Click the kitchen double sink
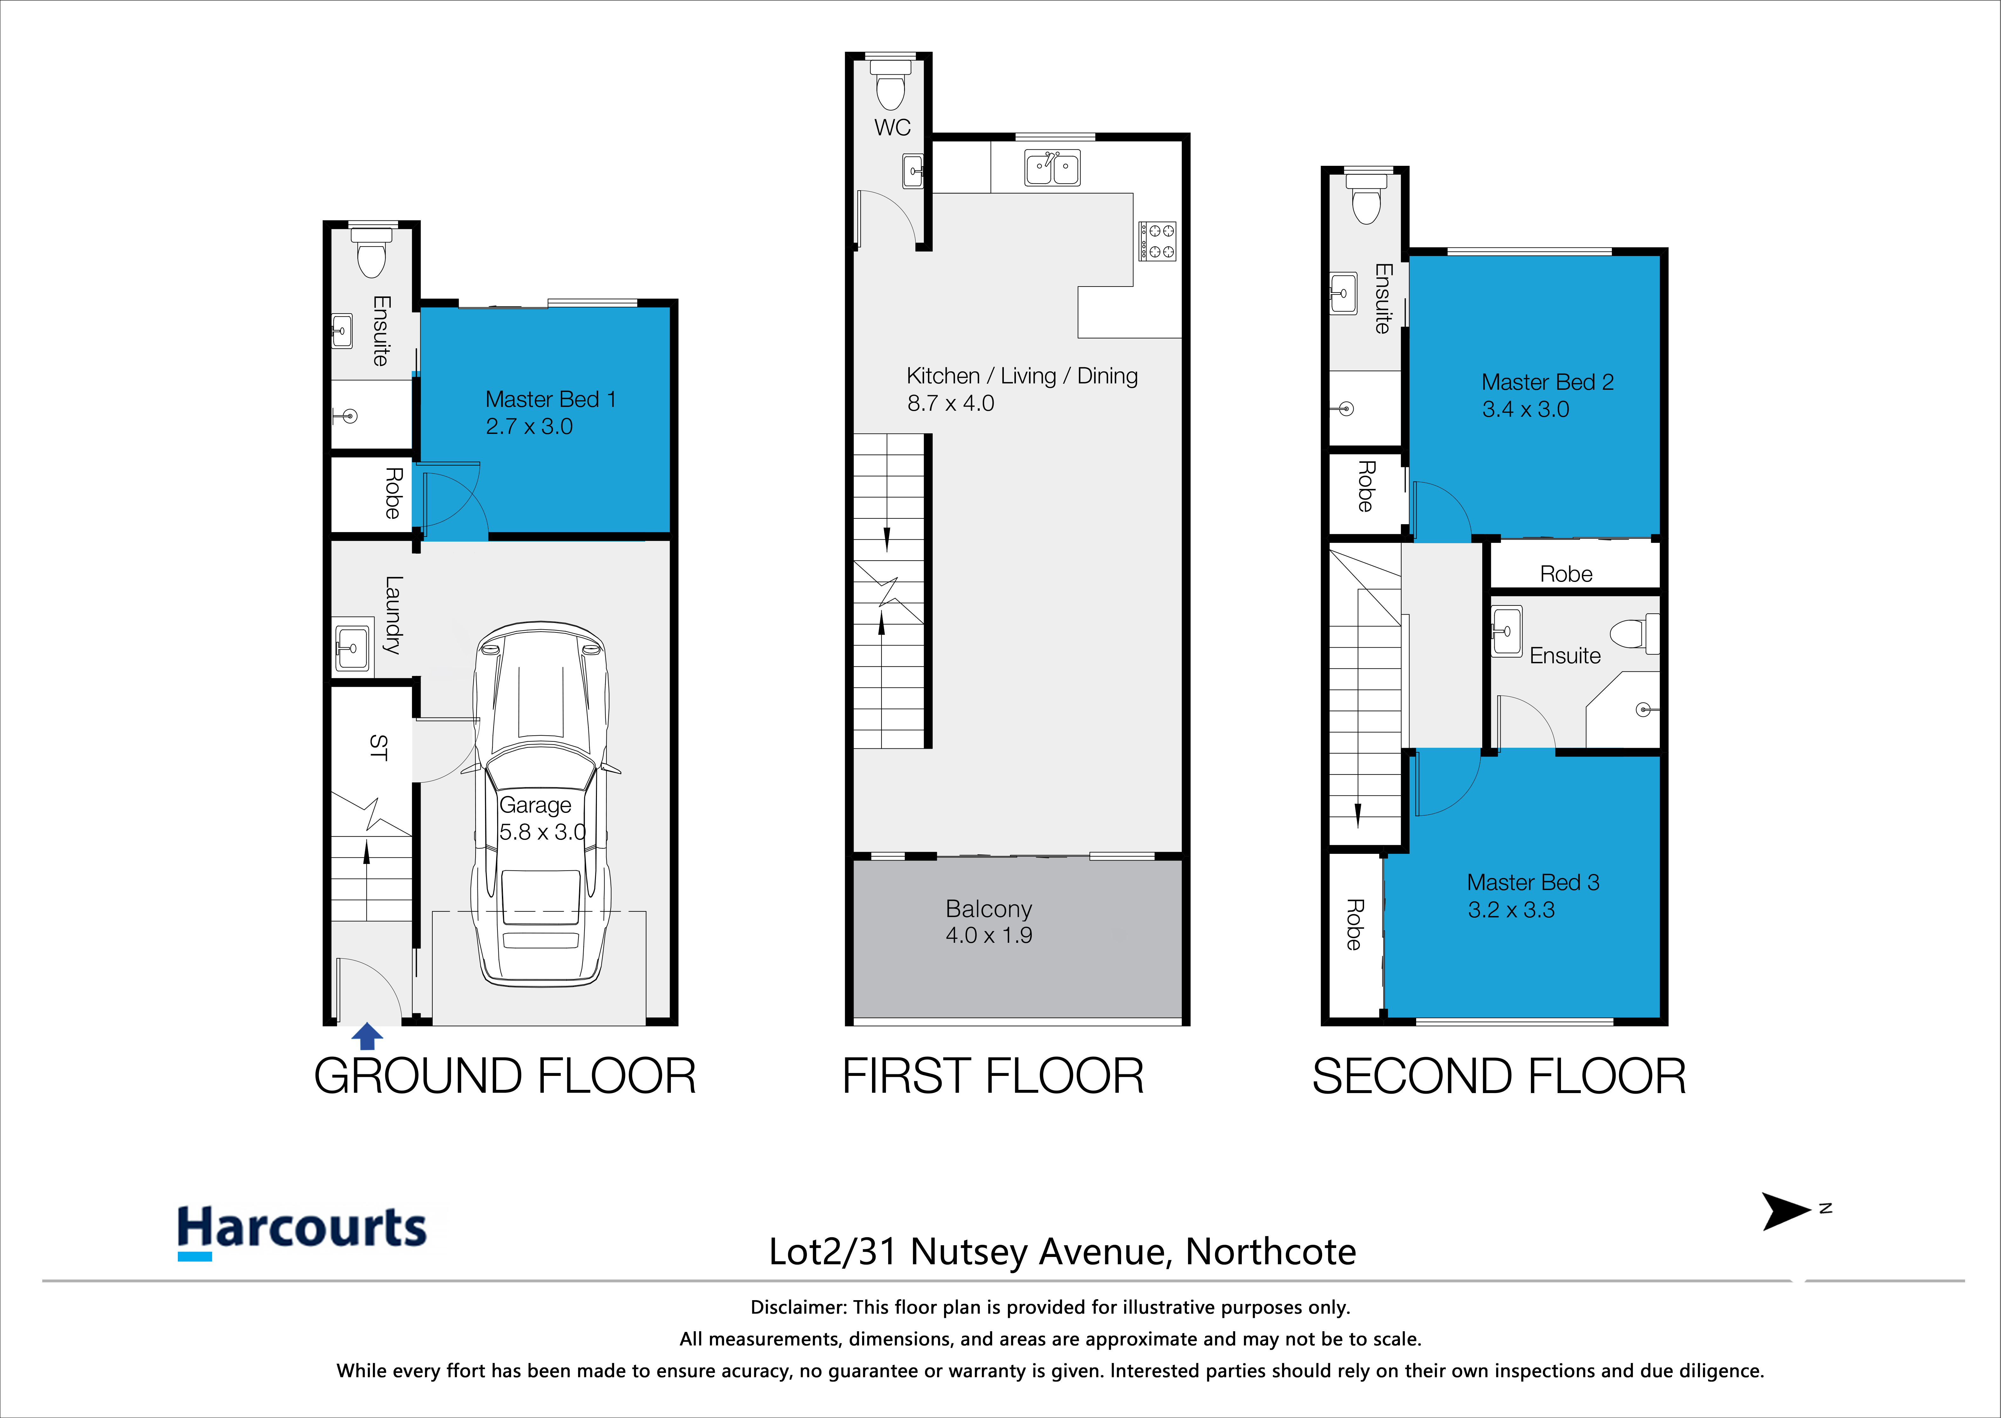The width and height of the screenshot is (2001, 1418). [x=1052, y=167]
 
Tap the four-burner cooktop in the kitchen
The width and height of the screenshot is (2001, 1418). [x=1158, y=241]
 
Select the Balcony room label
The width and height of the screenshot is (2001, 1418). [x=988, y=909]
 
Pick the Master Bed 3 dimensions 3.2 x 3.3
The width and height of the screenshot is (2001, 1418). [x=1511, y=910]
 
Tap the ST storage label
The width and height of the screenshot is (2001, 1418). [x=378, y=747]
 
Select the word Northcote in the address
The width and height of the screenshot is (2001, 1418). [x=1271, y=1252]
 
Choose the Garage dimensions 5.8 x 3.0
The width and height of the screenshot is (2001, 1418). [x=542, y=832]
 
